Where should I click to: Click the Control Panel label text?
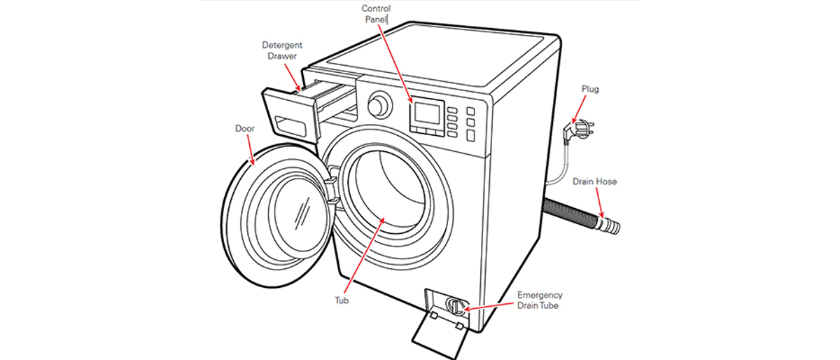tap(376, 14)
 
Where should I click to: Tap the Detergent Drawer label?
tap(282, 50)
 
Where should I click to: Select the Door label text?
tap(244, 128)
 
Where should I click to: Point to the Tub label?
tap(342, 300)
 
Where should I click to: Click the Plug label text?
tap(590, 90)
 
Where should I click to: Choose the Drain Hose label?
tap(594, 181)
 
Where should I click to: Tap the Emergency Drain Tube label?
tap(540, 300)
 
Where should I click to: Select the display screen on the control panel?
tap(427, 113)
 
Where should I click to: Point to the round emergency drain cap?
tap(456, 305)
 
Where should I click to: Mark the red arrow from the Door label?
tap(251, 150)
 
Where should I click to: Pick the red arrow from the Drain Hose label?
tap(600, 202)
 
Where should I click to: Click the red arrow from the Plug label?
tap(579, 109)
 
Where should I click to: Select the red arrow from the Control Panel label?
tap(395, 64)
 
